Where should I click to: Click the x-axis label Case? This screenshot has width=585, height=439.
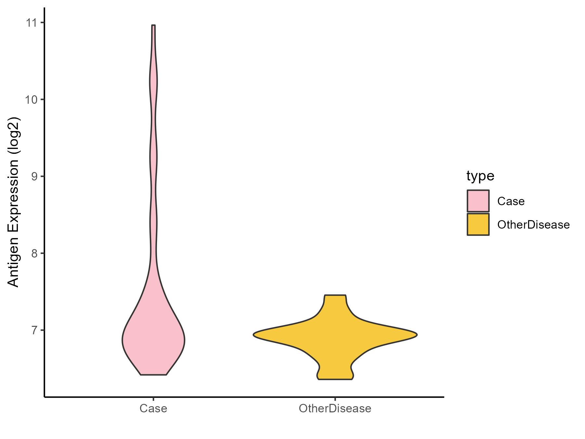(153, 408)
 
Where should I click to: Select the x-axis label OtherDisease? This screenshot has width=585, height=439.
(335, 408)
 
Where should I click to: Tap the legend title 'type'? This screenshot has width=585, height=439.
(480, 176)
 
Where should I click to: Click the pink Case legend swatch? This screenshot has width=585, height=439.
(478, 201)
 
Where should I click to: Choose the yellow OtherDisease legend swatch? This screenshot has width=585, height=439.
(478, 224)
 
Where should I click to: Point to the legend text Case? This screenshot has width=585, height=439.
(511, 201)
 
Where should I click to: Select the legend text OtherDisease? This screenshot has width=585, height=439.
(533, 225)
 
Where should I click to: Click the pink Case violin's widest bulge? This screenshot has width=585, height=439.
(153, 340)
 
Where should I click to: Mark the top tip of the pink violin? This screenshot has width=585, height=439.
(153, 25)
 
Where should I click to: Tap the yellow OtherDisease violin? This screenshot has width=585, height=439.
(335, 335)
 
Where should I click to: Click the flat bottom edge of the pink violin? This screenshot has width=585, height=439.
(153, 375)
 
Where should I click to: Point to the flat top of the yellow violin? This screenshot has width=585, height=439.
(335, 295)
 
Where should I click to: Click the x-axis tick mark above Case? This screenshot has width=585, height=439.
(153, 399)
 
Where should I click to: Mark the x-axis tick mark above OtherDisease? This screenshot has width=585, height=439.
(335, 399)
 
